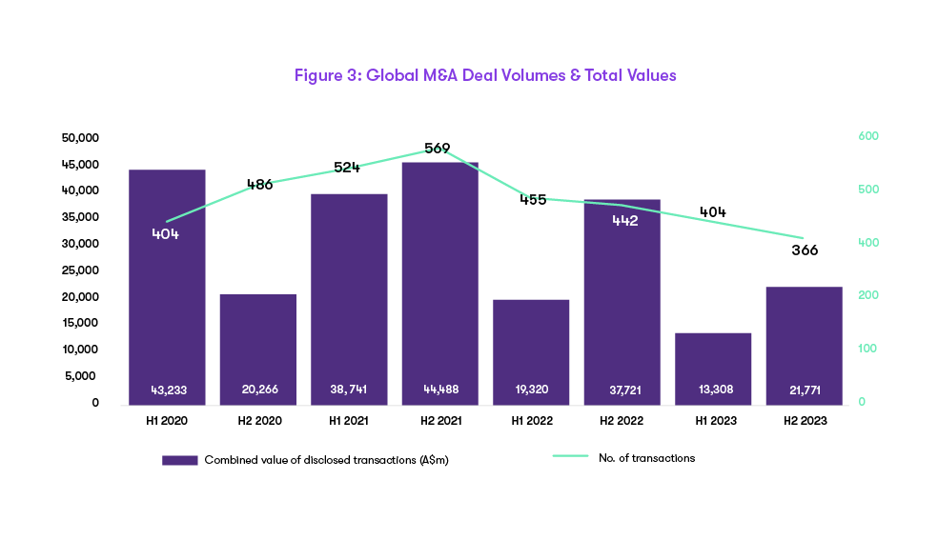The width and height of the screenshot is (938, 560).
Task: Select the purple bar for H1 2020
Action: tap(167, 286)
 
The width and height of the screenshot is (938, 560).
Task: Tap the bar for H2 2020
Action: tap(257, 348)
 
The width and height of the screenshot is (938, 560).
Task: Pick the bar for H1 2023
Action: tap(713, 367)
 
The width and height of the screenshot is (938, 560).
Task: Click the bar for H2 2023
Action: tap(804, 343)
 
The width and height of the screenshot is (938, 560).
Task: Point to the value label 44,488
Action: tap(439, 390)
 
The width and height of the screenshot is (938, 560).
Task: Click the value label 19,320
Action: tap(531, 390)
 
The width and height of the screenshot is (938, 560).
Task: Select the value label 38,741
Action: tap(349, 390)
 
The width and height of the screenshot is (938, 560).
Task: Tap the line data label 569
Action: tap(438, 149)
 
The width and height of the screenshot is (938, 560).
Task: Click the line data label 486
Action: tap(259, 185)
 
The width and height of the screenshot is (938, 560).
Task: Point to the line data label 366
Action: tap(805, 250)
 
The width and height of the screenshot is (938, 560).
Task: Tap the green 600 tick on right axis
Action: tap(868, 137)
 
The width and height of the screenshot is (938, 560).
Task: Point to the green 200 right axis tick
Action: tap(868, 296)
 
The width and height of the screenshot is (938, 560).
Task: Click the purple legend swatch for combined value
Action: tap(179, 460)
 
